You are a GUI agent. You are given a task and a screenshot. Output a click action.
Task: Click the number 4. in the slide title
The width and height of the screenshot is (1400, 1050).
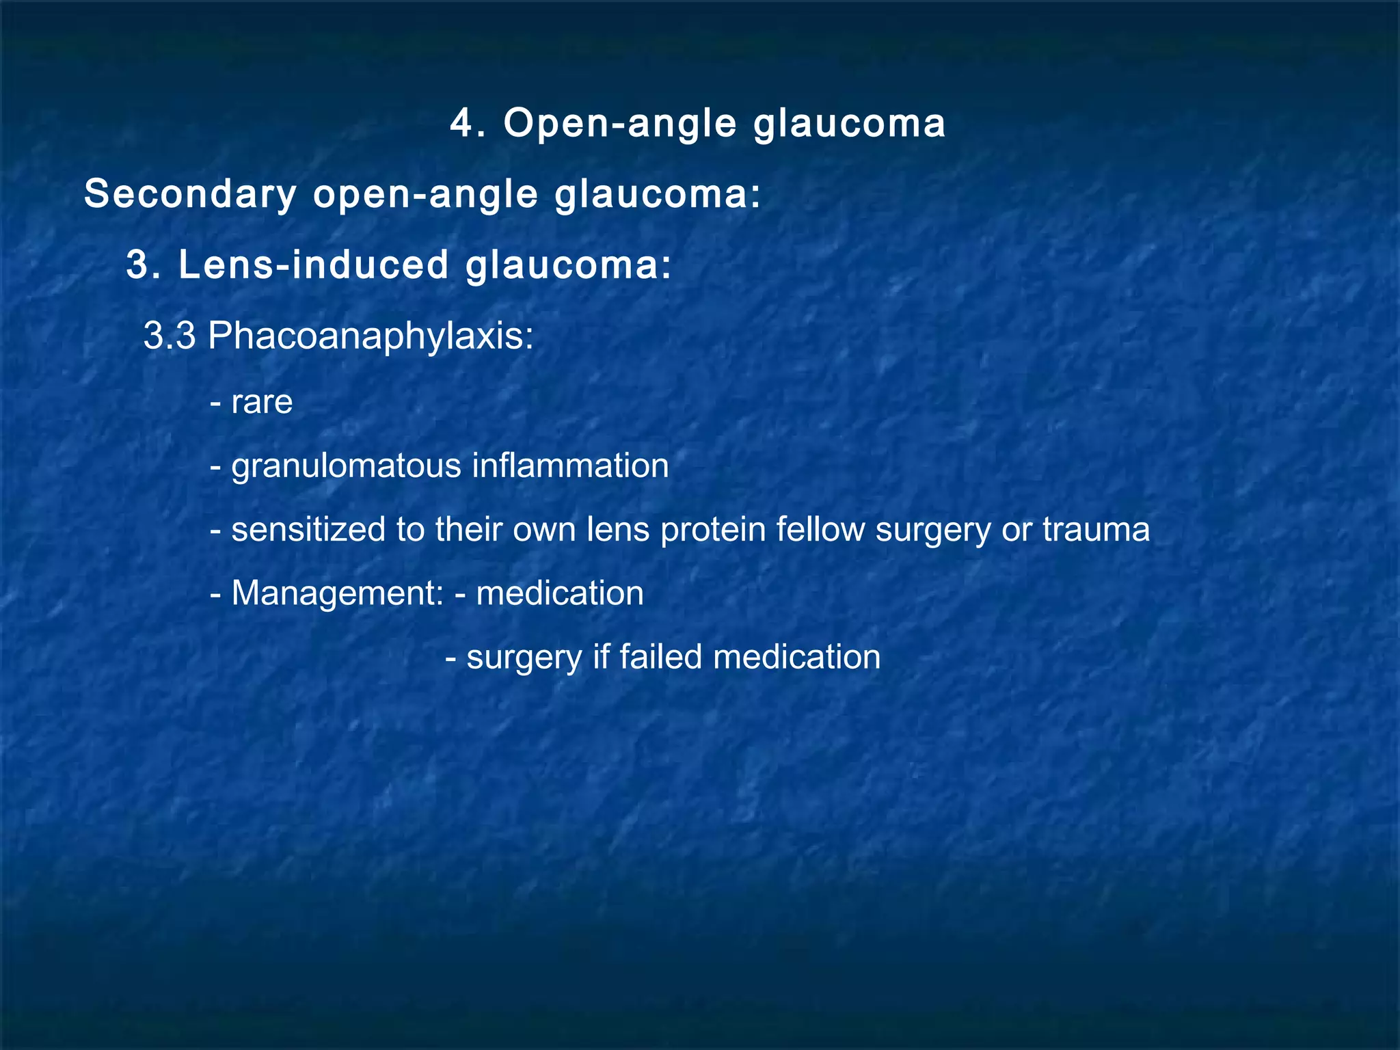pyautogui.click(x=468, y=124)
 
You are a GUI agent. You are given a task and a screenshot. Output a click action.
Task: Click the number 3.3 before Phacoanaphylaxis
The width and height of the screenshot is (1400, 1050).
pyautogui.click(x=170, y=336)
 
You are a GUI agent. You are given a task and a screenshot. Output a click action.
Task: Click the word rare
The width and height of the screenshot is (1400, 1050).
pyautogui.click(x=262, y=402)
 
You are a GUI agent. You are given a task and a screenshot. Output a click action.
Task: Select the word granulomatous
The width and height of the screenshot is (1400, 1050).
pyautogui.click(x=347, y=467)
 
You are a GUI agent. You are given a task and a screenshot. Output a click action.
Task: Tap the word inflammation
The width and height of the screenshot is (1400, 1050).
pyautogui.click(x=570, y=466)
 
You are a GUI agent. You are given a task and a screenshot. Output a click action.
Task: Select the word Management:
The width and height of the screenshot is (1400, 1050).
pyautogui.click(x=338, y=593)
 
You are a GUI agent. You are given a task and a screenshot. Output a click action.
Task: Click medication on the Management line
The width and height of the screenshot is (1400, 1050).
pyautogui.click(x=560, y=593)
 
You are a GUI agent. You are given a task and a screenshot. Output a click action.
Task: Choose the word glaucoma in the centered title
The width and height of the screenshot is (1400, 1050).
pyautogui.click(x=849, y=124)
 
